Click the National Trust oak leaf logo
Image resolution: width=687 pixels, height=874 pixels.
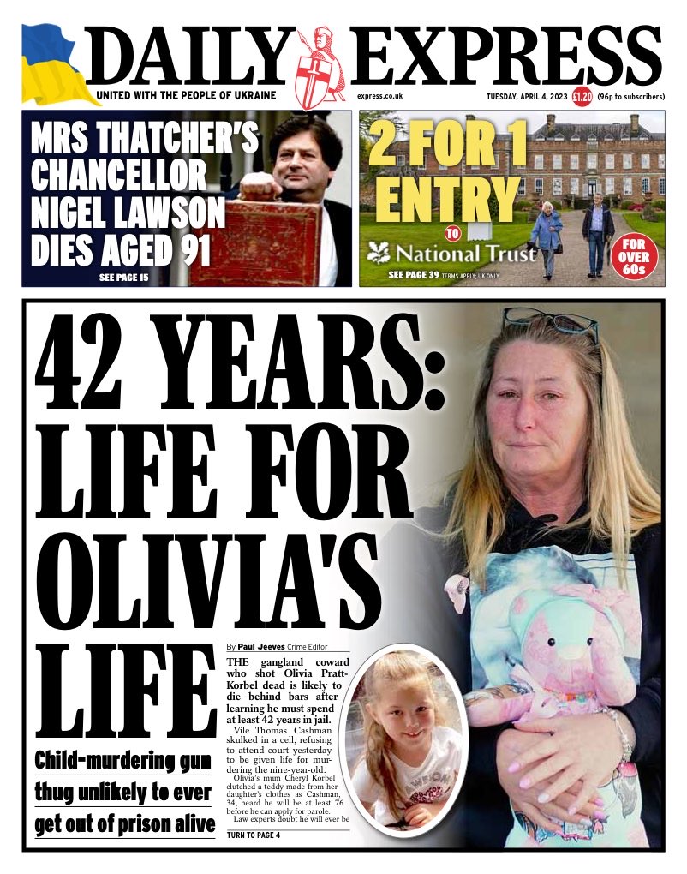coord(378,253)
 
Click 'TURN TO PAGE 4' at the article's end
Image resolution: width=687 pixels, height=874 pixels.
coord(254,835)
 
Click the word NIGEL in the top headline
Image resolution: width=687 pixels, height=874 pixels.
coord(76,209)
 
